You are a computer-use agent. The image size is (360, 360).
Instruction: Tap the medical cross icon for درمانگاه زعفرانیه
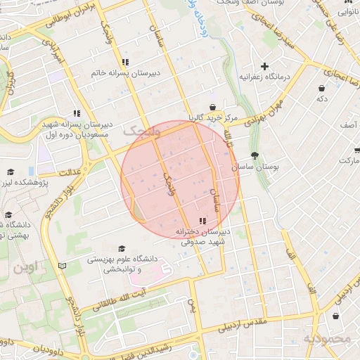tap(265, 66)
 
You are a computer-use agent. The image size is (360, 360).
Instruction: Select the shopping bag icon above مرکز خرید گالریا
tap(212, 106)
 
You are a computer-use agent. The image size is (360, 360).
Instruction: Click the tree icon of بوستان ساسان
tap(254, 157)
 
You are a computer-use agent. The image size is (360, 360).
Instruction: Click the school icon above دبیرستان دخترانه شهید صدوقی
tap(203, 221)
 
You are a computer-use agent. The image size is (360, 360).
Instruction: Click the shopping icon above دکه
tap(322, 89)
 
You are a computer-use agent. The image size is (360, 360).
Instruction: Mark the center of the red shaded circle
tap(181, 179)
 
